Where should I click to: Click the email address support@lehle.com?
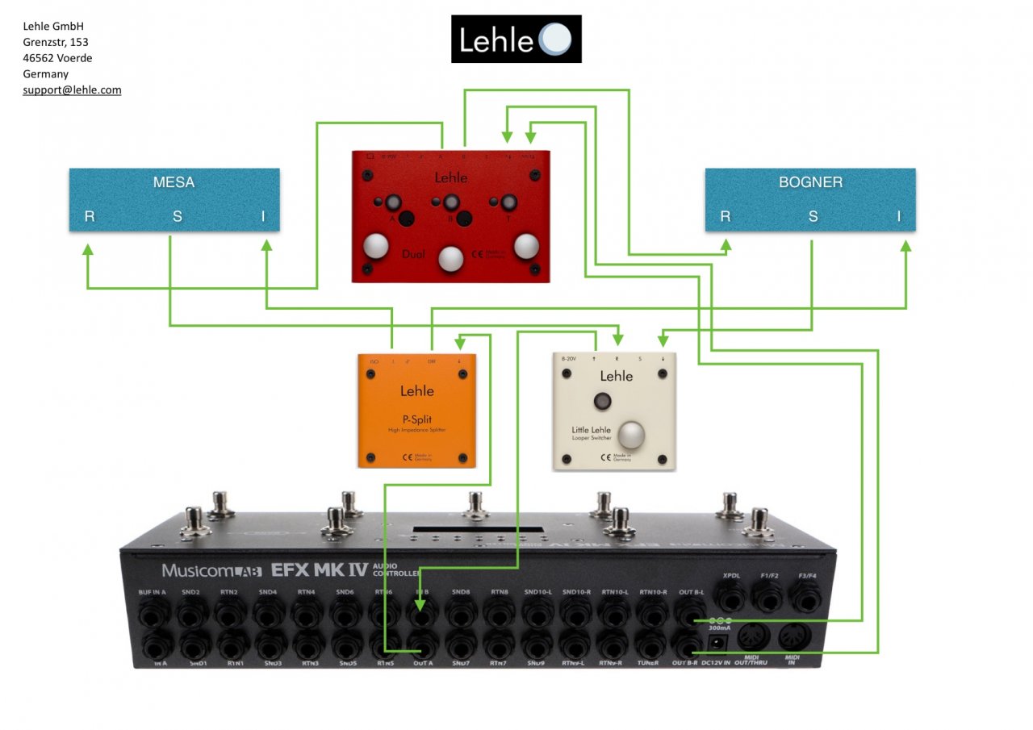pyautogui.click(x=72, y=90)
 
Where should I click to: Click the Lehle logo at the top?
pyautogui.click(x=516, y=39)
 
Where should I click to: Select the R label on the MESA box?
pyautogui.click(x=90, y=216)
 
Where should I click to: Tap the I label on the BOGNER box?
pyautogui.click(x=899, y=216)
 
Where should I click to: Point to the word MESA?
pyautogui.click(x=174, y=182)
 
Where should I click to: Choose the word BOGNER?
pyautogui.click(x=810, y=182)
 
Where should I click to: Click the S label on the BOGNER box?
pyautogui.click(x=813, y=216)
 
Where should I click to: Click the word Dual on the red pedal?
pyautogui.click(x=413, y=255)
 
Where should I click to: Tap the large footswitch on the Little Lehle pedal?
pyautogui.click(x=631, y=436)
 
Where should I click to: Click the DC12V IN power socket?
pyautogui.click(x=715, y=643)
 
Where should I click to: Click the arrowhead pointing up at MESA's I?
pyautogui.click(x=266, y=249)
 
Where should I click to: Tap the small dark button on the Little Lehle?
pyautogui.click(x=601, y=402)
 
